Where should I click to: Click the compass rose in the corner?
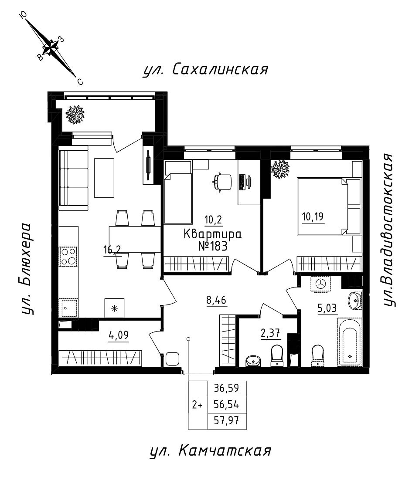click(51, 47)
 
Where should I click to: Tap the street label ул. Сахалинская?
click(205, 70)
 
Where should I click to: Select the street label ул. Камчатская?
click(211, 451)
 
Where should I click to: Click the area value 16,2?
click(112, 250)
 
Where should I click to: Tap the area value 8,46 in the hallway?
click(216, 300)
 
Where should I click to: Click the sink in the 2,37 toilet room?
click(253, 360)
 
